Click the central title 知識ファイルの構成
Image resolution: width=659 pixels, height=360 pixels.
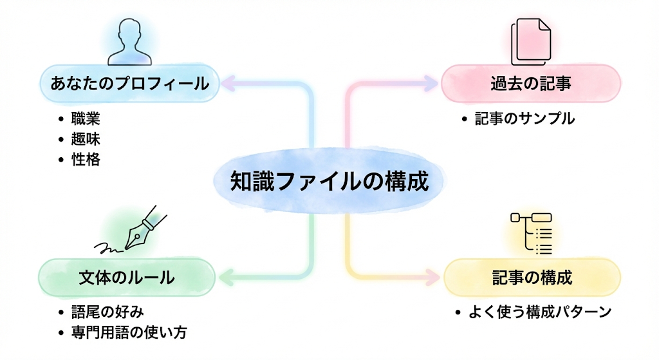click(329, 182)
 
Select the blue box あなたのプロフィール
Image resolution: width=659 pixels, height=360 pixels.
click(130, 84)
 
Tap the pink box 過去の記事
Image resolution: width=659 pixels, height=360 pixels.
click(531, 84)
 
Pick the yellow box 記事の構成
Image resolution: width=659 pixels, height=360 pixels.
click(532, 278)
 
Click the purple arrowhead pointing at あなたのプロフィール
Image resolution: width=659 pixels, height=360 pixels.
click(228, 84)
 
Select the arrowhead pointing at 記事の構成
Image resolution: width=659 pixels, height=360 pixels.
click(432, 277)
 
